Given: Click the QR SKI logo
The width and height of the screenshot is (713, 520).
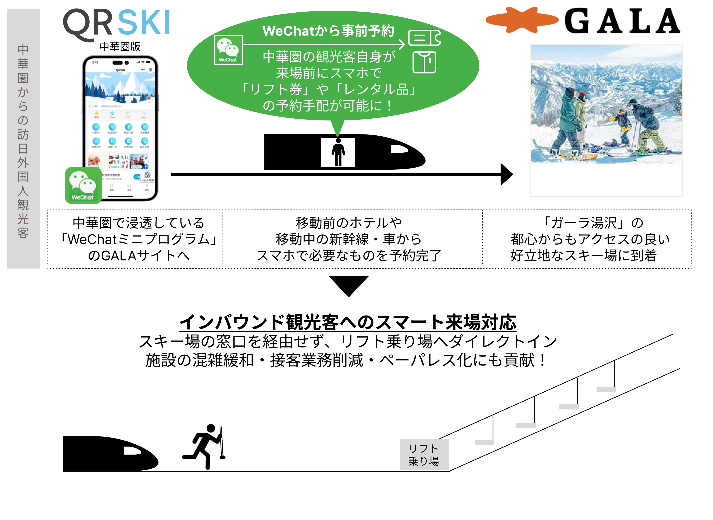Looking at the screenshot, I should tap(116, 24).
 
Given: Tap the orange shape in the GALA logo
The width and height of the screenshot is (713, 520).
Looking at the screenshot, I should tap(521, 20).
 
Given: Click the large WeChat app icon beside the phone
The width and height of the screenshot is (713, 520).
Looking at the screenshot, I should tap(83, 185).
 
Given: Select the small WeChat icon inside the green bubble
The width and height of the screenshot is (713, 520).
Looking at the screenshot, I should tap(228, 50).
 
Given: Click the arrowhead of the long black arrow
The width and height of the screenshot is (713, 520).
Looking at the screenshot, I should tap(506, 174).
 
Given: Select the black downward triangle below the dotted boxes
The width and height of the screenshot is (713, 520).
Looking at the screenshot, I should tap(348, 285).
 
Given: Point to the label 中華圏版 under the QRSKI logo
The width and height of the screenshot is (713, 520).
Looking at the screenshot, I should tap(120, 47).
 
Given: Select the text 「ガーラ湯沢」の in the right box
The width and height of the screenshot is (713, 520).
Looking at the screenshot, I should tap(592, 223).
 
